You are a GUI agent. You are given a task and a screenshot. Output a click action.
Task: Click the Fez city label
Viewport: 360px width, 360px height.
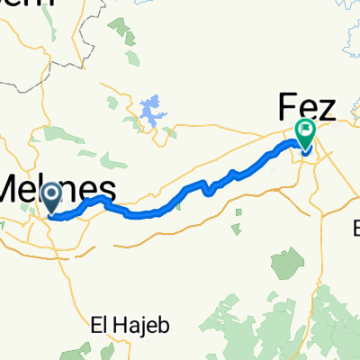tap(305, 108)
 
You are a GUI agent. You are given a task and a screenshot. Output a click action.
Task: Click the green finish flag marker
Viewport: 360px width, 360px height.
tap(305, 134)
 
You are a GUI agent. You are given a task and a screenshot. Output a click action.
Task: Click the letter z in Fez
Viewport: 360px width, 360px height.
tap(325, 110)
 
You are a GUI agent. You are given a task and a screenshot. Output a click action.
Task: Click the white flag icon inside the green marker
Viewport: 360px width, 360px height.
tap(305, 132)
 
